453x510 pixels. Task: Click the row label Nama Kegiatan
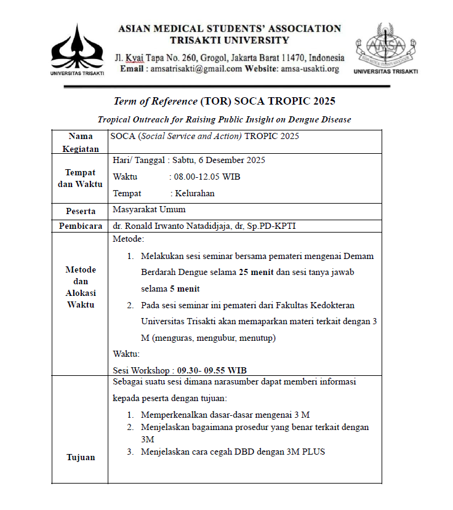pos(81,143)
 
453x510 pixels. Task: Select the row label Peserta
pos(81,212)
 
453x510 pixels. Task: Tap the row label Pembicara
pos(81,226)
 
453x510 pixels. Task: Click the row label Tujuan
pos(81,458)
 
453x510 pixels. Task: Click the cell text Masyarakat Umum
pos(149,210)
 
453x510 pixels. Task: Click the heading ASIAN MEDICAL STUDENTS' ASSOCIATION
pos(229,28)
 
